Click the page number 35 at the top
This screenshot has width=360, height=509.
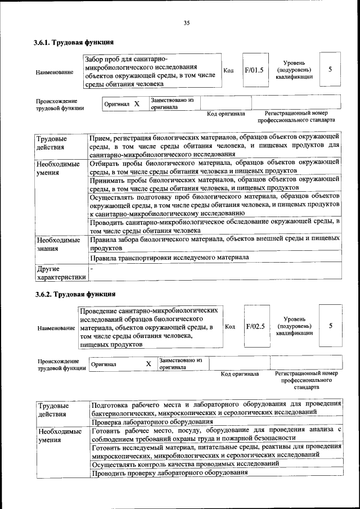(187, 22)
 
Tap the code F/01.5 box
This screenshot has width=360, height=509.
(254, 71)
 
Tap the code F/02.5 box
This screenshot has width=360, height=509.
(255, 326)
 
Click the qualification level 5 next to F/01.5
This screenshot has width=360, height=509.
(330, 69)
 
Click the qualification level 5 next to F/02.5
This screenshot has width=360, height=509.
(331, 326)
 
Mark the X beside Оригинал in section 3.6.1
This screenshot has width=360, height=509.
(137, 104)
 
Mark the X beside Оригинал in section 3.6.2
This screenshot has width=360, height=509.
(148, 364)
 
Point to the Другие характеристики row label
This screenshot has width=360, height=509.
(61, 273)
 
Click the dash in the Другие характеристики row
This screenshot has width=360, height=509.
(92, 269)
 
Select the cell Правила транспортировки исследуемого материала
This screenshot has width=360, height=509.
(169, 258)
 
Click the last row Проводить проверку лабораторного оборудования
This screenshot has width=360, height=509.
(170, 472)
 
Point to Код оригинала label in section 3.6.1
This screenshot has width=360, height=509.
(226, 114)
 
